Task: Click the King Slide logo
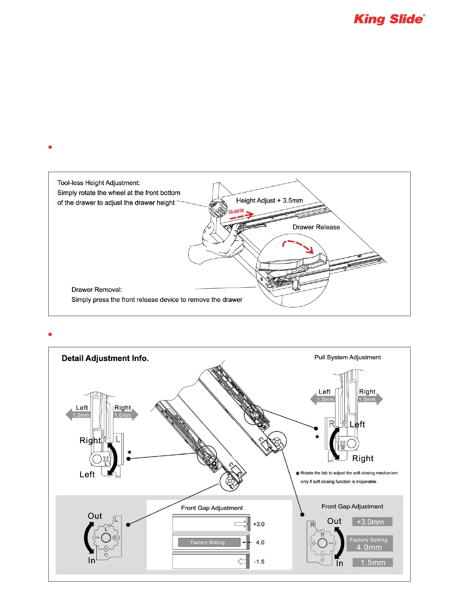[389, 19]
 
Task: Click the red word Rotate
[236, 211]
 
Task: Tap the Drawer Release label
[316, 227]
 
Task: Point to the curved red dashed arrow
[298, 246]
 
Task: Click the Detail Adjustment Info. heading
[105, 358]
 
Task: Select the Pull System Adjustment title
[348, 357]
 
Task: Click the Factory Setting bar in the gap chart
[209, 542]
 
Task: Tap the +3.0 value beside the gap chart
[259, 524]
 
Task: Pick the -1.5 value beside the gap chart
[259, 562]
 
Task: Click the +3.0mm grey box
[372, 522]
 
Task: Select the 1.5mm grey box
[373, 562]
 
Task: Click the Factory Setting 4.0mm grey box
[369, 543]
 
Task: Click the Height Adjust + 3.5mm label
[269, 201]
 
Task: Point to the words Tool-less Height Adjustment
[99, 183]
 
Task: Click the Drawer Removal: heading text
[97, 290]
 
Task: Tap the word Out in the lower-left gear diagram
[95, 516]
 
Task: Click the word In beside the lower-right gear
[339, 563]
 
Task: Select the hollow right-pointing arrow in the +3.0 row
[241, 524]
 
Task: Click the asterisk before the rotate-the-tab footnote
[297, 474]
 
